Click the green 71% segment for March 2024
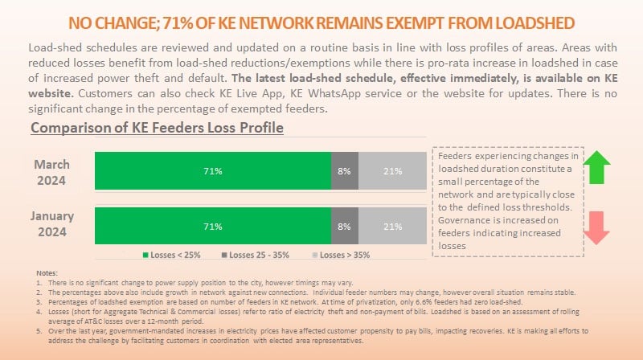tap(213, 171)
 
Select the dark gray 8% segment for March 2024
tap(345, 171)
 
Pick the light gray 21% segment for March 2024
tap(392, 171)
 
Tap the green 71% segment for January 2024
tap(213, 227)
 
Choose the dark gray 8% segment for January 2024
tap(345, 227)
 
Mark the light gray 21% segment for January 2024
tap(392, 227)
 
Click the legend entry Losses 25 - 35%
tap(256, 256)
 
